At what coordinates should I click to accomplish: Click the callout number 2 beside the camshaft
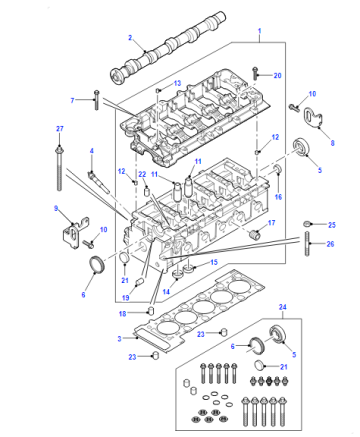point(130,38)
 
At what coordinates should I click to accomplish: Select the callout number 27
point(60,129)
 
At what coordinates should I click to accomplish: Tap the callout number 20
point(277,76)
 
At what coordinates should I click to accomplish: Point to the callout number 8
point(332,143)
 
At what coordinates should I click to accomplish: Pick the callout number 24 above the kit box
point(283,307)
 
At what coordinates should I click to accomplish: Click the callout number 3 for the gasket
point(119,339)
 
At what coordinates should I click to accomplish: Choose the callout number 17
point(272,222)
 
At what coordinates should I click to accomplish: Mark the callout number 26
point(330,244)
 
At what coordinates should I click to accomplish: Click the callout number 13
point(177,83)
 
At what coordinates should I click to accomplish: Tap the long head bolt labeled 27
point(59,168)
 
